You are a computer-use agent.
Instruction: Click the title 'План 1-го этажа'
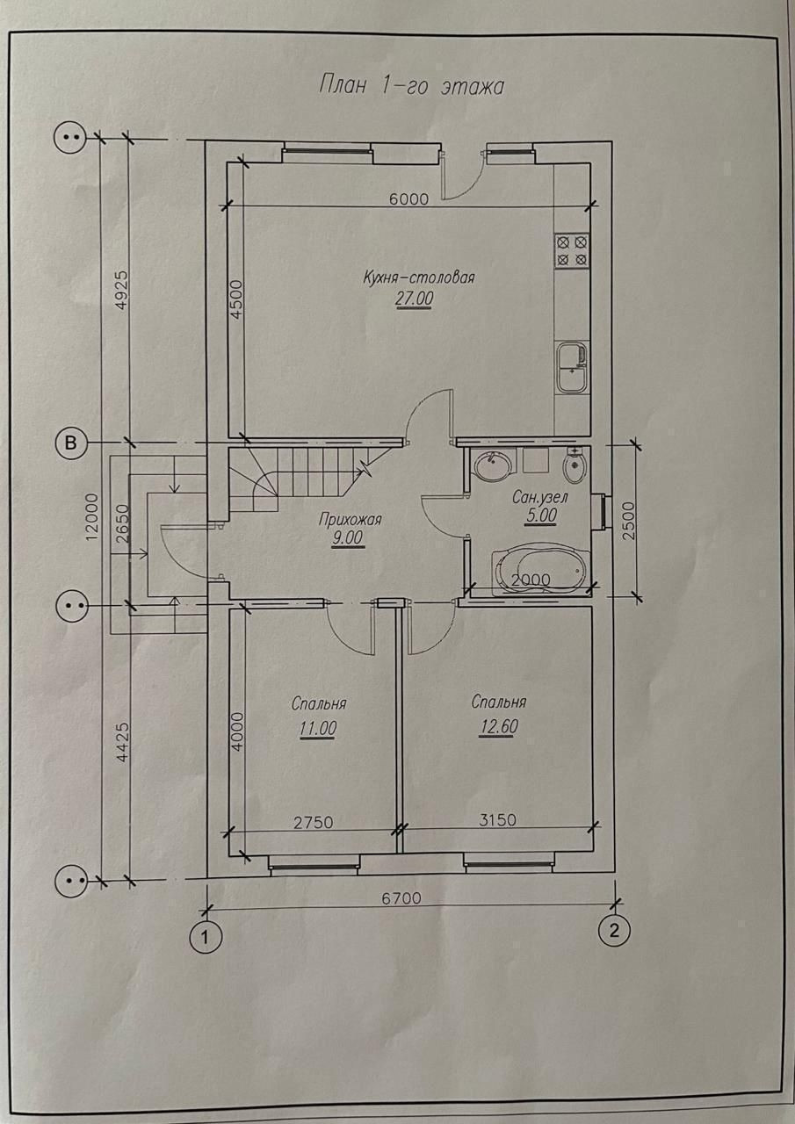point(410,87)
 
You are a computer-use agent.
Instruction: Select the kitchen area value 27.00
point(415,299)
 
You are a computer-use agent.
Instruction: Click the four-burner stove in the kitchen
point(572,250)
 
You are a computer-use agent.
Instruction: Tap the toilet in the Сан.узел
point(574,465)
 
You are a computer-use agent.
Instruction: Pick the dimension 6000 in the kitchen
point(408,198)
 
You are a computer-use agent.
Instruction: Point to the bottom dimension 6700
point(402,897)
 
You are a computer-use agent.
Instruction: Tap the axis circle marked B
point(71,443)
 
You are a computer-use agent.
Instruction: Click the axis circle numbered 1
point(205,938)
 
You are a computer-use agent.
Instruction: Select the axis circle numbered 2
point(614,931)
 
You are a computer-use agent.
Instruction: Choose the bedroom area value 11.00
point(318,728)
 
